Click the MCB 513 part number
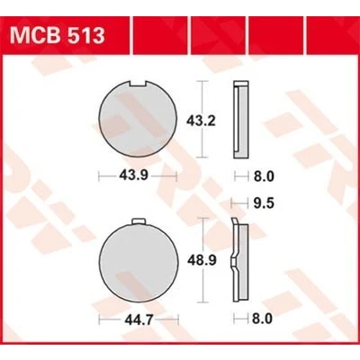(x=58, y=35)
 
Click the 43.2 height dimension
(x=201, y=121)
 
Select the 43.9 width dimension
(x=133, y=175)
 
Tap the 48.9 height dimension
(x=202, y=260)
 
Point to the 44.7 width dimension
(x=139, y=320)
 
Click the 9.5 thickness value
(x=264, y=203)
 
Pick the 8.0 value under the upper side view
(x=264, y=176)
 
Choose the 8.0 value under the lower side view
(x=262, y=319)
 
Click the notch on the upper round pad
(x=138, y=84)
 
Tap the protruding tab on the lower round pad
(x=139, y=221)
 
